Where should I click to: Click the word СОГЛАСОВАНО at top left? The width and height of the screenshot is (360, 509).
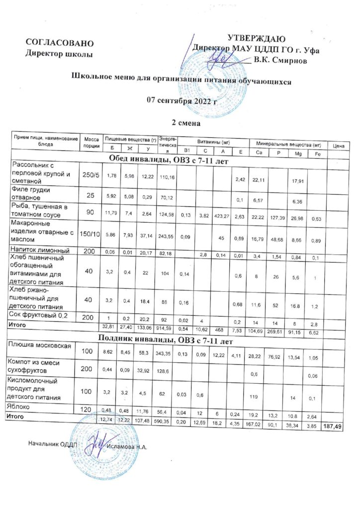point(59,43)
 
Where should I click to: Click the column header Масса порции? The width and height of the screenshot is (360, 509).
point(91,142)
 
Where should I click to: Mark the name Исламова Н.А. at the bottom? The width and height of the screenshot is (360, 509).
point(128,444)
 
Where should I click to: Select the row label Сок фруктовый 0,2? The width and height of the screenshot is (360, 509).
point(40,315)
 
